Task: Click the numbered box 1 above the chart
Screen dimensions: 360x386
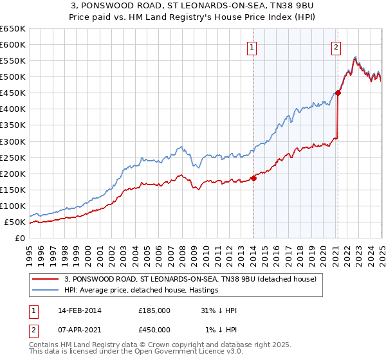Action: (x=252, y=46)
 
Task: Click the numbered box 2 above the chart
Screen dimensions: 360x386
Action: (x=336, y=46)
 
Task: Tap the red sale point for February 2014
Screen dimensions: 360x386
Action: (x=253, y=178)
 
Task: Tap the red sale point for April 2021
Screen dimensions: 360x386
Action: (x=338, y=93)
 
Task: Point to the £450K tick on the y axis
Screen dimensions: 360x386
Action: (x=14, y=93)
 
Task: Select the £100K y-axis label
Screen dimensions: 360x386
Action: (x=14, y=206)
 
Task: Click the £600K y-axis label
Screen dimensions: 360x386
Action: (x=14, y=45)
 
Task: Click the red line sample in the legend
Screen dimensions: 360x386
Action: (x=46, y=280)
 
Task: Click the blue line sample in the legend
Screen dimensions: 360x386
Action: (x=46, y=291)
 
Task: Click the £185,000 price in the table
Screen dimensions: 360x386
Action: (x=154, y=310)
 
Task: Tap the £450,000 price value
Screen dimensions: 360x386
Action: (x=154, y=330)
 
